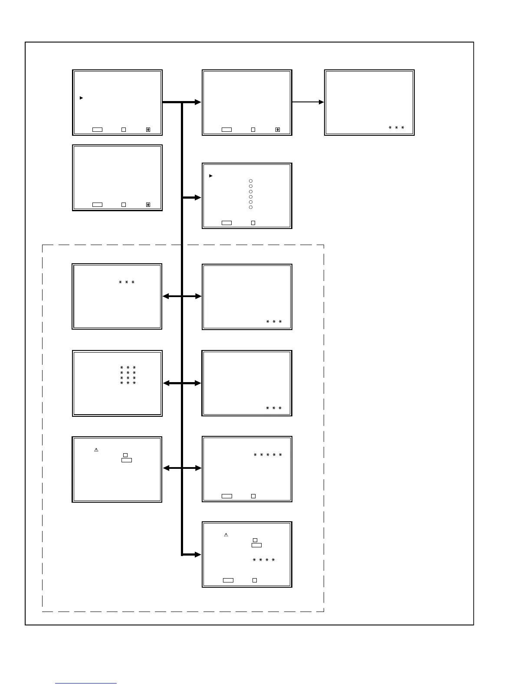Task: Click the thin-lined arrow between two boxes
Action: point(308,102)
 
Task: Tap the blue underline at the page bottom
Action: point(86,683)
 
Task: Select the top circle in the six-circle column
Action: point(251,181)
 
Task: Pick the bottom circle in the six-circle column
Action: point(251,207)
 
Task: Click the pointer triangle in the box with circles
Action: point(211,176)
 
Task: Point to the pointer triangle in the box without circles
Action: point(81,98)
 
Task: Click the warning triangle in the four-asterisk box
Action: point(226,535)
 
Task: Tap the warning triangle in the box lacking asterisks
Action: point(96,450)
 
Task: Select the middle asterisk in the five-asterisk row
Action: point(268,455)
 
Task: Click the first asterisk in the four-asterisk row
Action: point(254,560)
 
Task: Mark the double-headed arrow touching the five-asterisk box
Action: point(182,468)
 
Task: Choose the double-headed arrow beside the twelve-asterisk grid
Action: point(182,383)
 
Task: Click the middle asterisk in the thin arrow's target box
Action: point(397,128)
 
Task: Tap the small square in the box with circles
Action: point(253,223)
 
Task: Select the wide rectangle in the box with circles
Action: point(226,223)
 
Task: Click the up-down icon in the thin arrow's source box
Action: point(278,130)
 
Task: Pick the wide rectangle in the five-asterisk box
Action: point(226,496)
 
